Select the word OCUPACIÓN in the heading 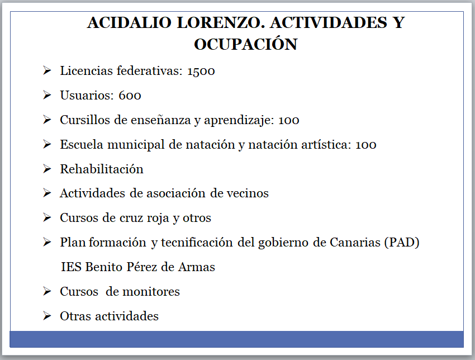pyautogui.click(x=245, y=44)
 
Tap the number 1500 pyautogui.click(x=201, y=72)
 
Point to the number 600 pyautogui.click(x=130, y=96)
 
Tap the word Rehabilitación pyautogui.click(x=102, y=169)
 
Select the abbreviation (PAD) pyautogui.click(x=401, y=243)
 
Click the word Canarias pyautogui.click(x=351, y=243)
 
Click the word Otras pyautogui.click(x=75, y=316)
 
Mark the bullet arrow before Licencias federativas pyautogui.click(x=47, y=71)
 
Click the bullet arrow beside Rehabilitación pyautogui.click(x=47, y=169)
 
